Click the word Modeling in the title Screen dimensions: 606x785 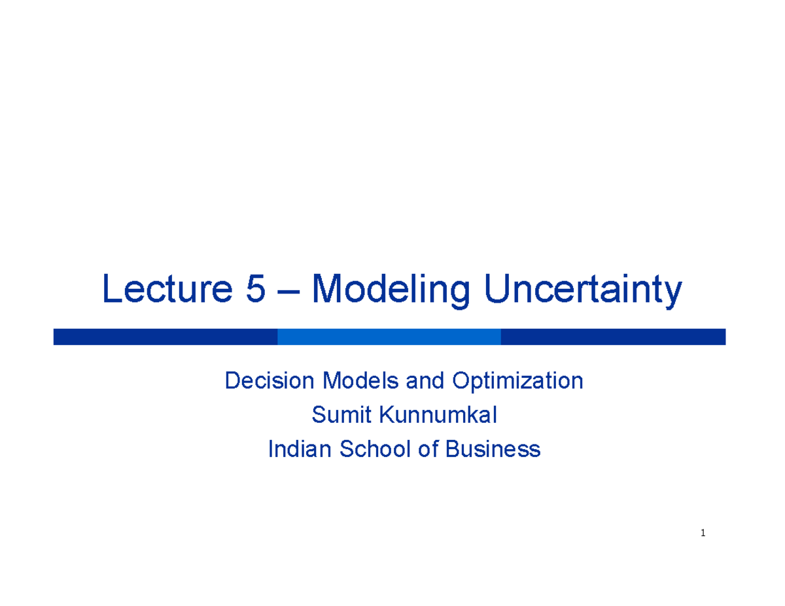[391, 292]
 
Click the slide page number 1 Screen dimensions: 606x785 [703, 533]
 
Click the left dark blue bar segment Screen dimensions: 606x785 [165, 337]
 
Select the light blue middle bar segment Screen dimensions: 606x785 [389, 337]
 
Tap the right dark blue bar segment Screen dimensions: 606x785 [613, 337]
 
